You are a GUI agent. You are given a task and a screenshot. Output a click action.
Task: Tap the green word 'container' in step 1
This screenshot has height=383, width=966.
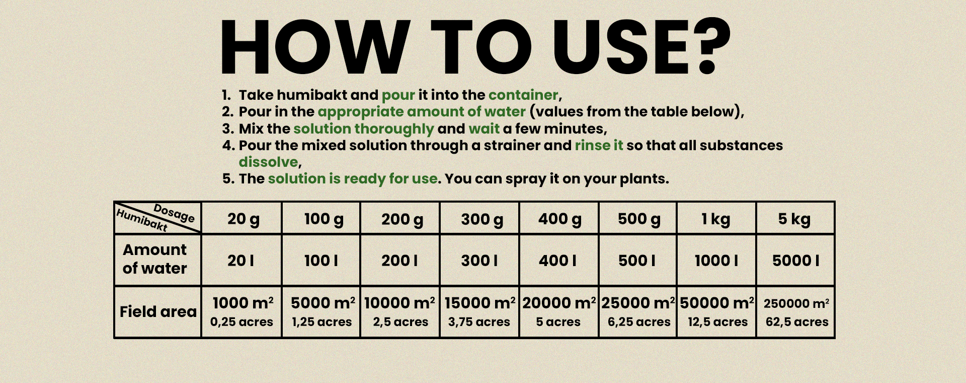pyautogui.click(x=523, y=95)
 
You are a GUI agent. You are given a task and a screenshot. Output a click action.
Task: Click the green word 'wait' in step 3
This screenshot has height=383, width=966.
pyautogui.click(x=484, y=129)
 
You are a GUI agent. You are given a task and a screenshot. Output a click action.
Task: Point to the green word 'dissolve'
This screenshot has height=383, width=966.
pyautogui.click(x=269, y=162)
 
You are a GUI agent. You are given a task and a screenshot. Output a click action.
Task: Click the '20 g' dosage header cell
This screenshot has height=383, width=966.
pyautogui.click(x=244, y=219)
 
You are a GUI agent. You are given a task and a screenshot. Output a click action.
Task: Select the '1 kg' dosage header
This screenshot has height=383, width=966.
pyautogui.click(x=716, y=219)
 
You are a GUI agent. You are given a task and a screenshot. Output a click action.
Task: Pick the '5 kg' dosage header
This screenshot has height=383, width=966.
pyautogui.click(x=794, y=219)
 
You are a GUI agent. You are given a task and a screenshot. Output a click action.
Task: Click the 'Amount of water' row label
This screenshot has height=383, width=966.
pyautogui.click(x=155, y=259)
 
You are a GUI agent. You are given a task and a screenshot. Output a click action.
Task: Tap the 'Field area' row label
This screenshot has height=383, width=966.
pyautogui.click(x=158, y=311)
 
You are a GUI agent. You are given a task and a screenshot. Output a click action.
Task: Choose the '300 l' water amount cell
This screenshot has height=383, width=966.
pyautogui.click(x=479, y=261)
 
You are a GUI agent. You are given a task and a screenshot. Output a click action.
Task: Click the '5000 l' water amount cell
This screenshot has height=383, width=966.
pyautogui.click(x=796, y=261)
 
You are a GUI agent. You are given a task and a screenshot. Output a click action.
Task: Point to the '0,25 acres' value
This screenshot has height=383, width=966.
pyautogui.click(x=242, y=322)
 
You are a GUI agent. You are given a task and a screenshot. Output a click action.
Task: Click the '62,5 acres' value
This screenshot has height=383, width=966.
pyautogui.click(x=797, y=322)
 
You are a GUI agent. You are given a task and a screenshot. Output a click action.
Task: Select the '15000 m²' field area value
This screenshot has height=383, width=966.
pyautogui.click(x=480, y=303)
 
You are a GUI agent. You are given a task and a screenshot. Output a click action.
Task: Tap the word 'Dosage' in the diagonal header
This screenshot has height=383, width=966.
pyautogui.click(x=174, y=213)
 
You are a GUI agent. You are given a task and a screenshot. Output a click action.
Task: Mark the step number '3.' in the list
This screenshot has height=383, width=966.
pyautogui.click(x=228, y=129)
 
